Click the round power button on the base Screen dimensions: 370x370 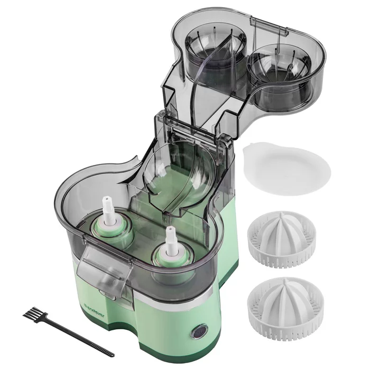point(199,332)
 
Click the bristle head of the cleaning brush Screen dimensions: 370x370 point(34,314)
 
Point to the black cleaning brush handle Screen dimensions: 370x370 point(78,337)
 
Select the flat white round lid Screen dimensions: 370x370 point(286,169)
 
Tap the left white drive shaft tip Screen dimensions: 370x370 point(107,201)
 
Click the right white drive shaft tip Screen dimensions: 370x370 point(170,232)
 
